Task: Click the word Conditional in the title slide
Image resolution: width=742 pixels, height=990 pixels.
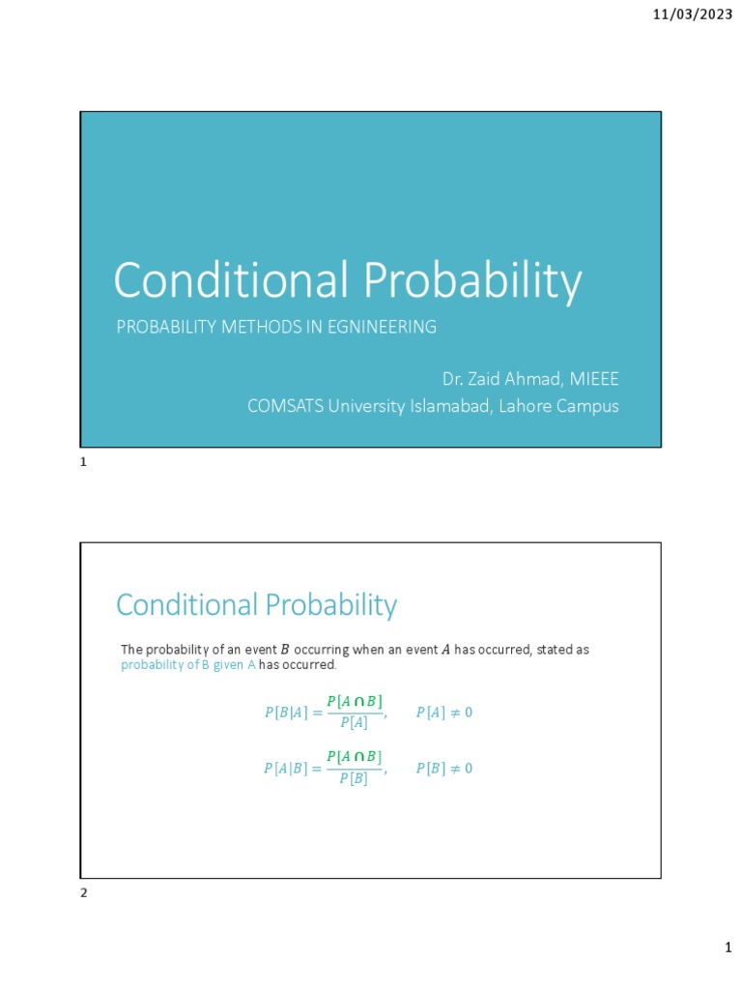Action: pyautogui.click(x=231, y=281)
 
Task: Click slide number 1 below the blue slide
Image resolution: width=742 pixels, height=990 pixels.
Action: pyautogui.click(x=84, y=463)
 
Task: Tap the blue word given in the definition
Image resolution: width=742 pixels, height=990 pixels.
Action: pyautogui.click(x=232, y=666)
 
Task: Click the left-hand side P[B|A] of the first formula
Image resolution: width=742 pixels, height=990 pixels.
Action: pyautogui.click(x=285, y=713)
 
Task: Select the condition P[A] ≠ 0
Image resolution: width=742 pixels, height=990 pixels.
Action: pyautogui.click(x=443, y=713)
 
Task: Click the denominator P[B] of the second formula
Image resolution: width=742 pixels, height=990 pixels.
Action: pyautogui.click(x=354, y=779)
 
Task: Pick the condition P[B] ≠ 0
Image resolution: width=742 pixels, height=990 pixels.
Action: pyautogui.click(x=443, y=769)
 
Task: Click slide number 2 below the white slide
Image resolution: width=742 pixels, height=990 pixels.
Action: pyautogui.click(x=84, y=893)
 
